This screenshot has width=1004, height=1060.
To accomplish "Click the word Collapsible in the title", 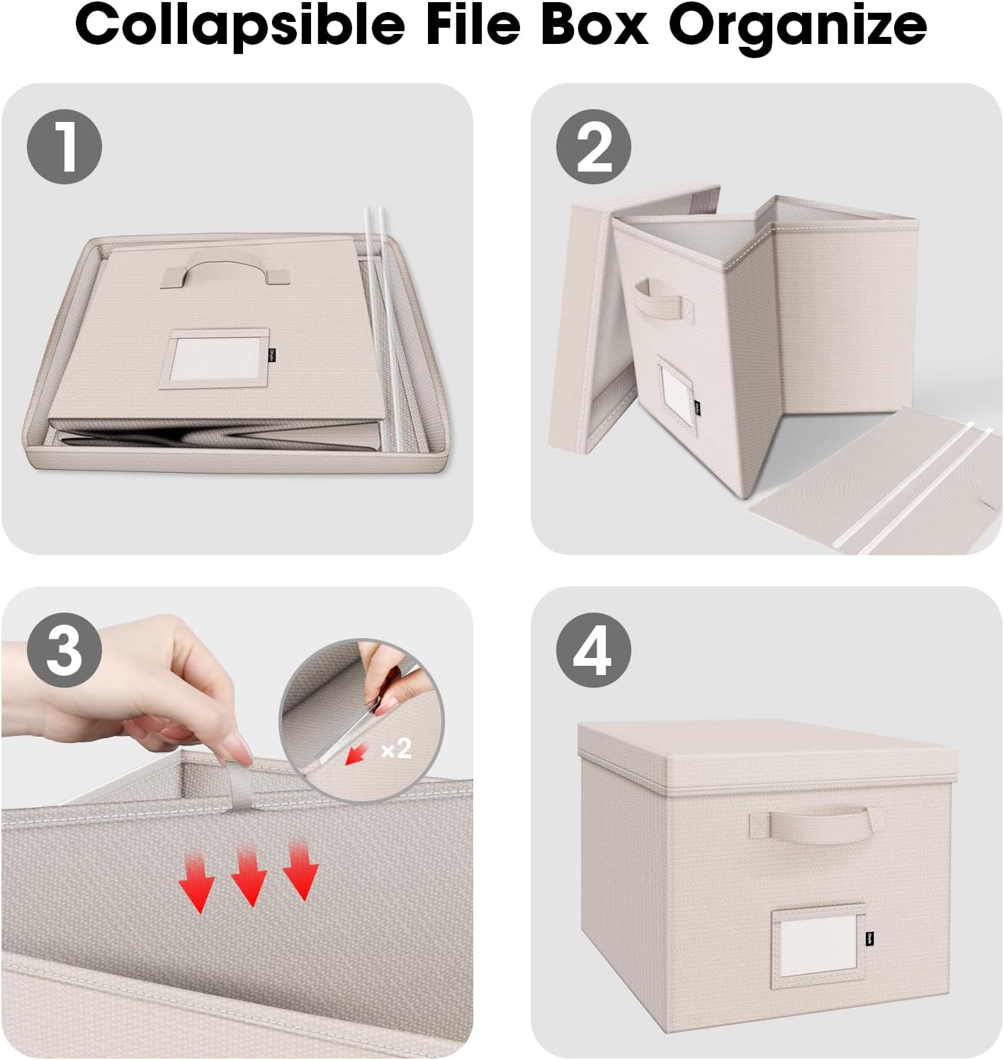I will click(239, 25).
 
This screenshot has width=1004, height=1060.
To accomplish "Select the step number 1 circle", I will click(64, 147).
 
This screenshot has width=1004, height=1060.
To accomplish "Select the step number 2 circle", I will click(593, 147).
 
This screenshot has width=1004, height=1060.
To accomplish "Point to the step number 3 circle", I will click(64, 650).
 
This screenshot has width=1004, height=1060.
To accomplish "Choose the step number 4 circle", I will click(593, 650).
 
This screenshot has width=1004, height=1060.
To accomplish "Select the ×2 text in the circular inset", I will click(396, 748).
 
